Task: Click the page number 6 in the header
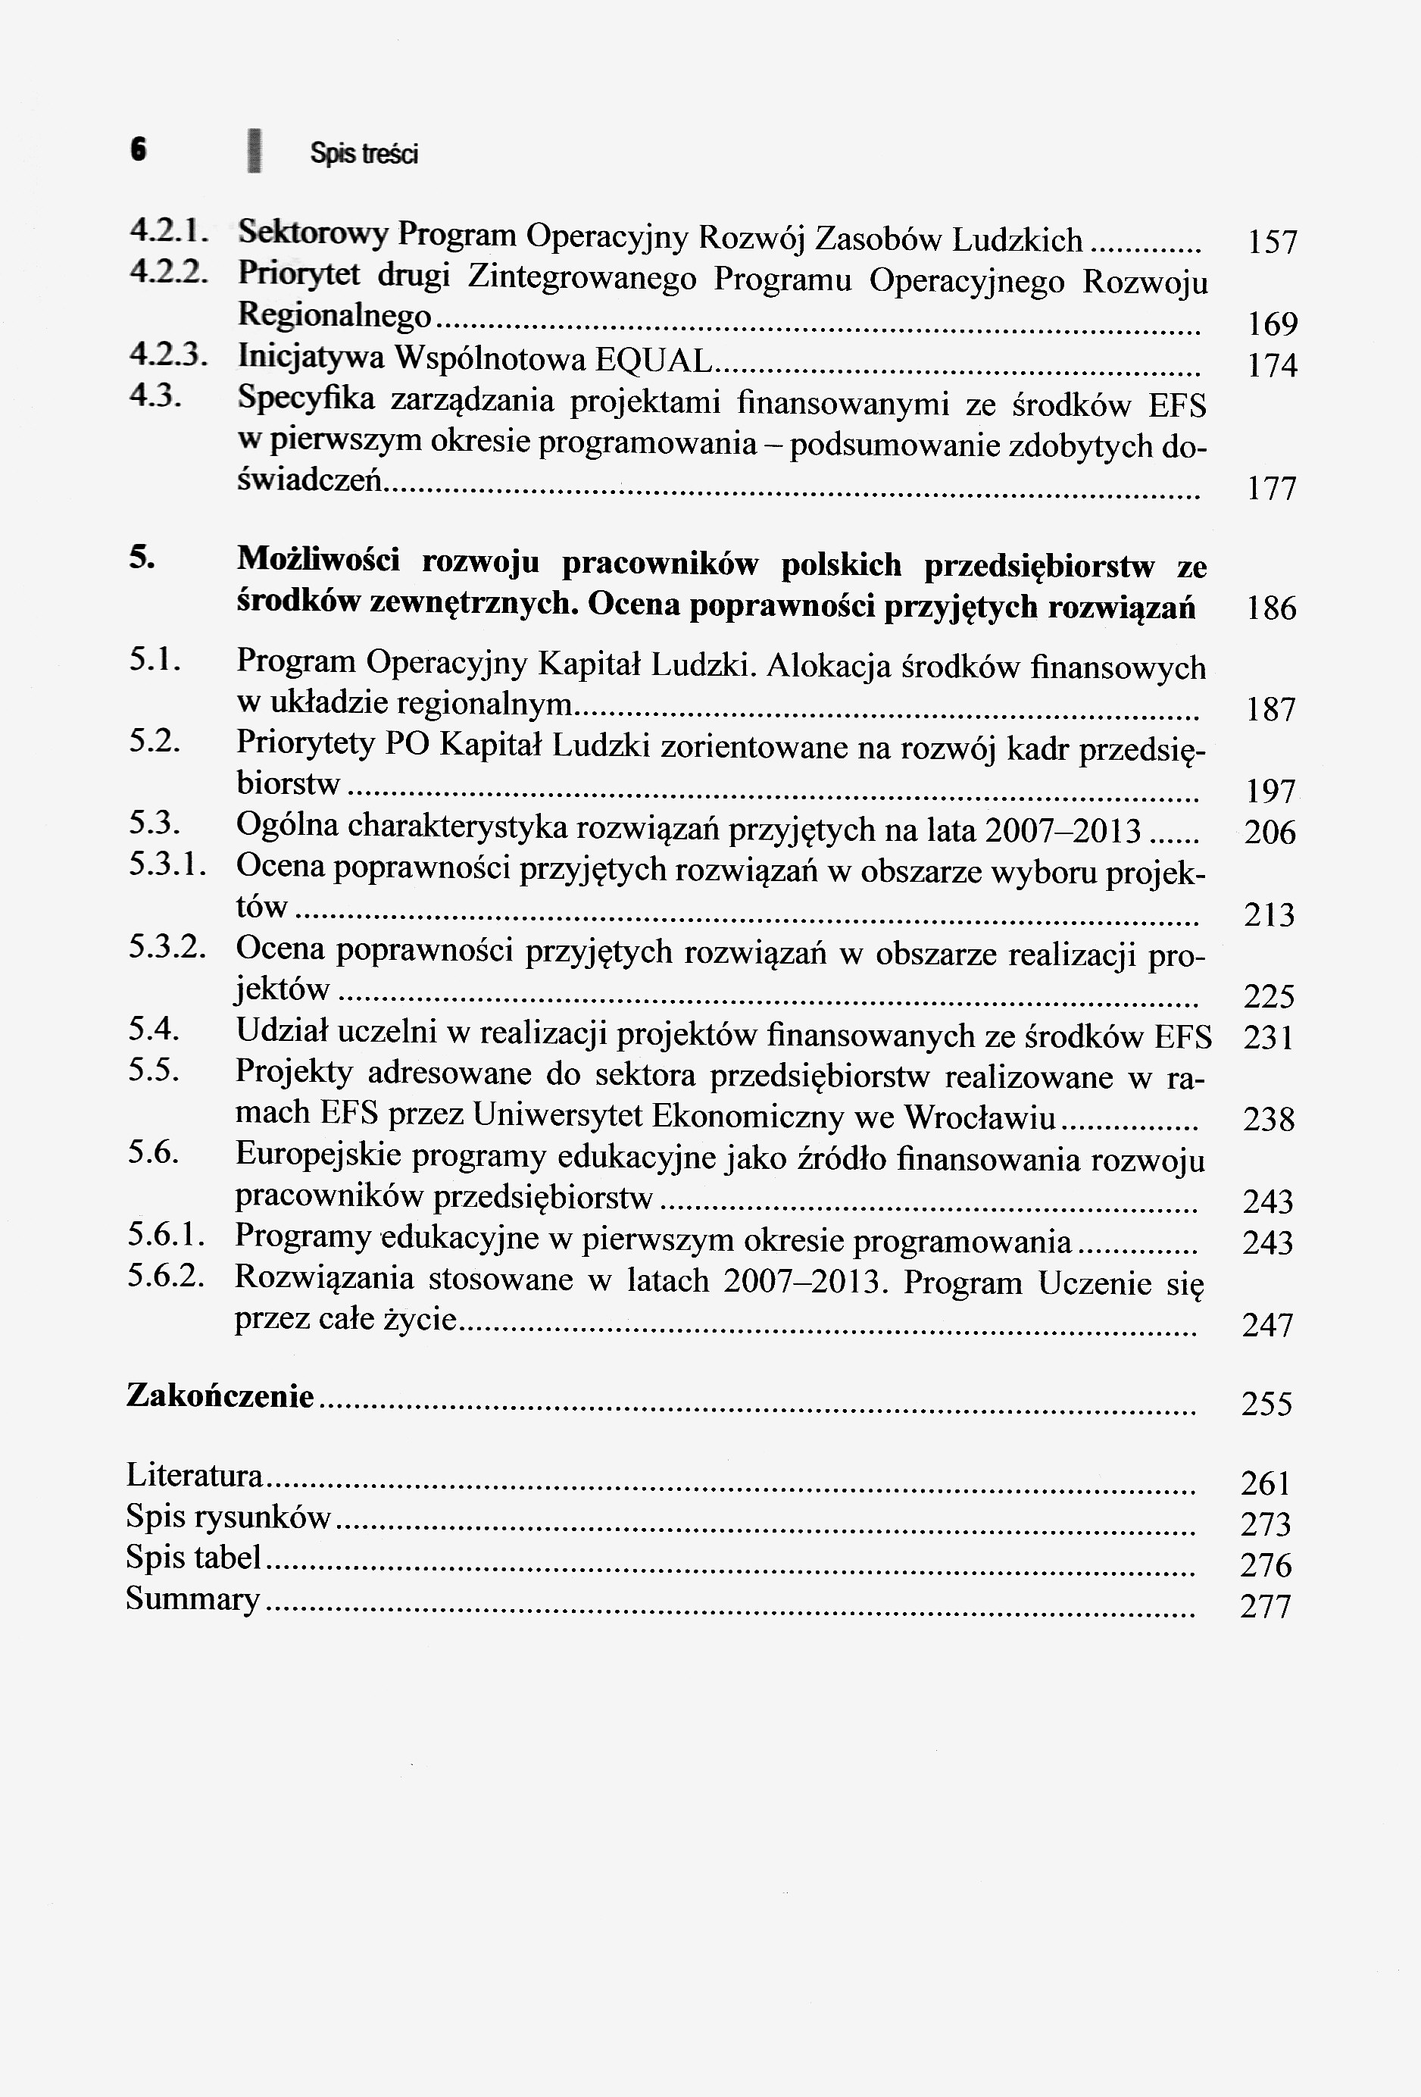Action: [137, 150]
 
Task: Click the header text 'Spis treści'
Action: [364, 155]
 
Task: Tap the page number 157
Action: [1270, 242]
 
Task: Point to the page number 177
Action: [1270, 489]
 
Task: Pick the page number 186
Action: [1270, 608]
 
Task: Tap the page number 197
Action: [1270, 792]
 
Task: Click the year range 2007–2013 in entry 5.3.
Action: [1063, 830]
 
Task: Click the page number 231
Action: [1269, 1038]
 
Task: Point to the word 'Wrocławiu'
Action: [980, 1117]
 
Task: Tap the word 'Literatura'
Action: [195, 1475]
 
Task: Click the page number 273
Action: [1266, 1525]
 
